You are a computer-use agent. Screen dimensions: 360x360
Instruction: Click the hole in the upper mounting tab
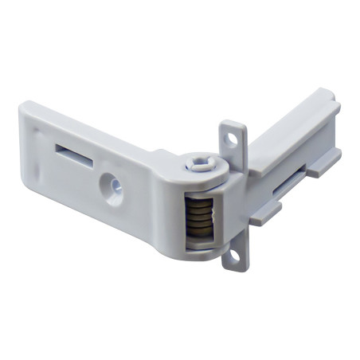click(233, 138)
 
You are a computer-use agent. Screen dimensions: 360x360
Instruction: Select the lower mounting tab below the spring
click(233, 256)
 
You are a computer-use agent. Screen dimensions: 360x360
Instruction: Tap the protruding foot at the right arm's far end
click(323, 164)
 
